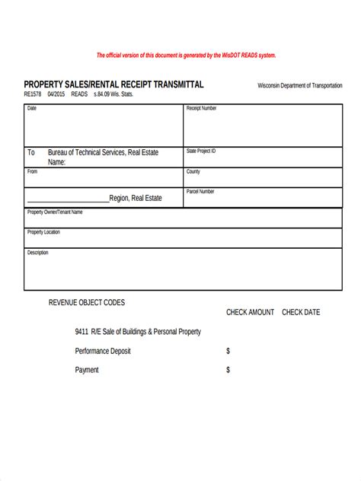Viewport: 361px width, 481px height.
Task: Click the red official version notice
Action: coord(186,56)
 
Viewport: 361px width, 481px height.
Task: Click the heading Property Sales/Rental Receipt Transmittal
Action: coord(113,84)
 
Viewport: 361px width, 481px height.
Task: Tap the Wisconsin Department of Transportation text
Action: coord(299,85)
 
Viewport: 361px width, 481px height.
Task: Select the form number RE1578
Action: coord(33,94)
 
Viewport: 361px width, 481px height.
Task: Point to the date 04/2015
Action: coord(56,94)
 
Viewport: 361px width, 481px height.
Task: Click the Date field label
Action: coord(32,109)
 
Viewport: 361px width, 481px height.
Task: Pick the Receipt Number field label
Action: coord(202,109)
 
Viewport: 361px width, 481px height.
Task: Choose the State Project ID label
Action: coord(202,151)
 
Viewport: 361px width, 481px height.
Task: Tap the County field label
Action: coord(193,172)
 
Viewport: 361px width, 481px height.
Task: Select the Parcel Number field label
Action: coord(200,192)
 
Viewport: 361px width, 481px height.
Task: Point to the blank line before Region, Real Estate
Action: coord(69,199)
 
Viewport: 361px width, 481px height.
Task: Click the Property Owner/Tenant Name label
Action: coord(55,212)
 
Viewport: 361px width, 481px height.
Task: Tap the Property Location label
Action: coord(43,232)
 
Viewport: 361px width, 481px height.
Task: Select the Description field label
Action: coord(38,253)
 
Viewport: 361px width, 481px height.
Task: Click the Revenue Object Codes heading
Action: coord(87,302)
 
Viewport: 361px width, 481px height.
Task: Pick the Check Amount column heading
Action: coord(250,312)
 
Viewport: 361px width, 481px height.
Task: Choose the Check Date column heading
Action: coord(301,312)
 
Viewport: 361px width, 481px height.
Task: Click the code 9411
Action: coord(81,332)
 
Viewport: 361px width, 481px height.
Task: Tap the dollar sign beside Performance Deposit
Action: coord(228,351)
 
